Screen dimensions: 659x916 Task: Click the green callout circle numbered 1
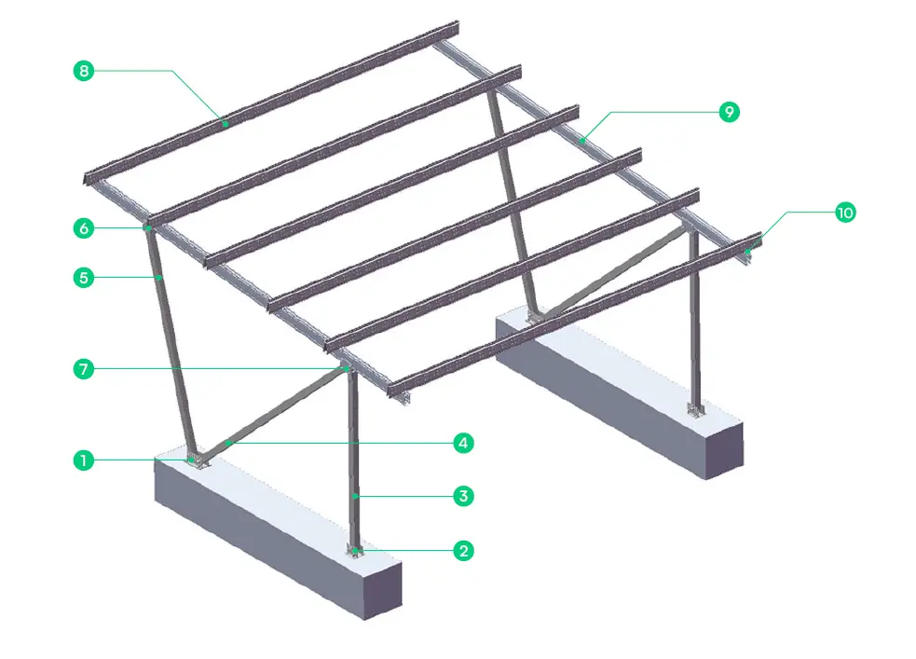[84, 460]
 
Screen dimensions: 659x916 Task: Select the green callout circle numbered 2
[461, 551]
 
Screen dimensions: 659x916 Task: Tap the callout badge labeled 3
[461, 496]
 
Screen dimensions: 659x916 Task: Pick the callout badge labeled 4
[461, 443]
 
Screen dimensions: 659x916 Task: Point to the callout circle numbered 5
[84, 277]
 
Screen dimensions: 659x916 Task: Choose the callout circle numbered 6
[84, 227]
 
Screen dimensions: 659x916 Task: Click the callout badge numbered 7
[84, 369]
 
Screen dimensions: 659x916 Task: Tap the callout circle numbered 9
[728, 112]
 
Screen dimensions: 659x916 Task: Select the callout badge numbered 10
[844, 213]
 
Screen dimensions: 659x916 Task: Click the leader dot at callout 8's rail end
[225, 122]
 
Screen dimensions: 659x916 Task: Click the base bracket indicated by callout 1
[195, 460]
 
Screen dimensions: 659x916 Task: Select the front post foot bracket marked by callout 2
[355, 552]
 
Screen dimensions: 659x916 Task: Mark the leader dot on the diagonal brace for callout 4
[224, 444]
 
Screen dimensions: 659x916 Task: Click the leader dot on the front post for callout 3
[357, 496]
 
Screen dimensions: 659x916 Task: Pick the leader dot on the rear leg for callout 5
[160, 277]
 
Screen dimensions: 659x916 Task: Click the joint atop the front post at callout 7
[348, 369]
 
